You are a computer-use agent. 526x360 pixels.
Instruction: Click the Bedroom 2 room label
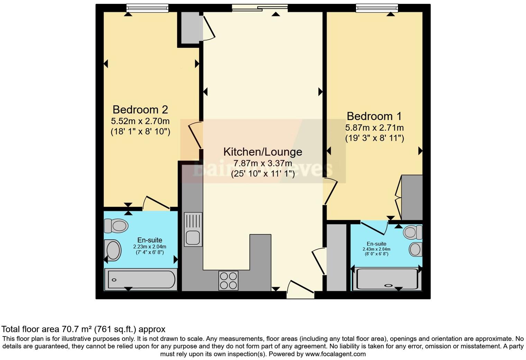[140, 110]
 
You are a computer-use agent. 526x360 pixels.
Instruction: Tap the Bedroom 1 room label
[374, 116]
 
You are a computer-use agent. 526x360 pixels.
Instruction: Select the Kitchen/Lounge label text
[263, 152]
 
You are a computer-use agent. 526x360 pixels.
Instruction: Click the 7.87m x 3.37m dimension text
[263, 163]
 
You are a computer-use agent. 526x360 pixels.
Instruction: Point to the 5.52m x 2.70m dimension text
[140, 121]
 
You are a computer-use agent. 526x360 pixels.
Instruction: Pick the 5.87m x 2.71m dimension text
[374, 128]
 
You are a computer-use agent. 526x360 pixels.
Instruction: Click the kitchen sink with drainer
[193, 229]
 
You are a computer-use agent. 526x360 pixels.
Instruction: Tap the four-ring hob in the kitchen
[228, 280]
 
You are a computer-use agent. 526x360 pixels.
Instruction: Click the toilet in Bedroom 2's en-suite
[117, 226]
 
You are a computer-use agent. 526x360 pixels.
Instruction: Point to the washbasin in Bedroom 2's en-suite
[113, 250]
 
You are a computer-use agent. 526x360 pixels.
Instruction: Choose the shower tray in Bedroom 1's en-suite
[387, 279]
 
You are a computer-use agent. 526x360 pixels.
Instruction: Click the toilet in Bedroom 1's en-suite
[413, 232]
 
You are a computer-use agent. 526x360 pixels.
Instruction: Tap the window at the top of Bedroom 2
[147, 8]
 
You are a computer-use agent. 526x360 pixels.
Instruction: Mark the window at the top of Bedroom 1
[377, 8]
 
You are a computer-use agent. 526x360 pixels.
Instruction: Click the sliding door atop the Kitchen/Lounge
[260, 8]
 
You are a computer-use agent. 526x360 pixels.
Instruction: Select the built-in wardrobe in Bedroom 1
[412, 197]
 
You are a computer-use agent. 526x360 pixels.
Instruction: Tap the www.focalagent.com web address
[335, 354]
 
